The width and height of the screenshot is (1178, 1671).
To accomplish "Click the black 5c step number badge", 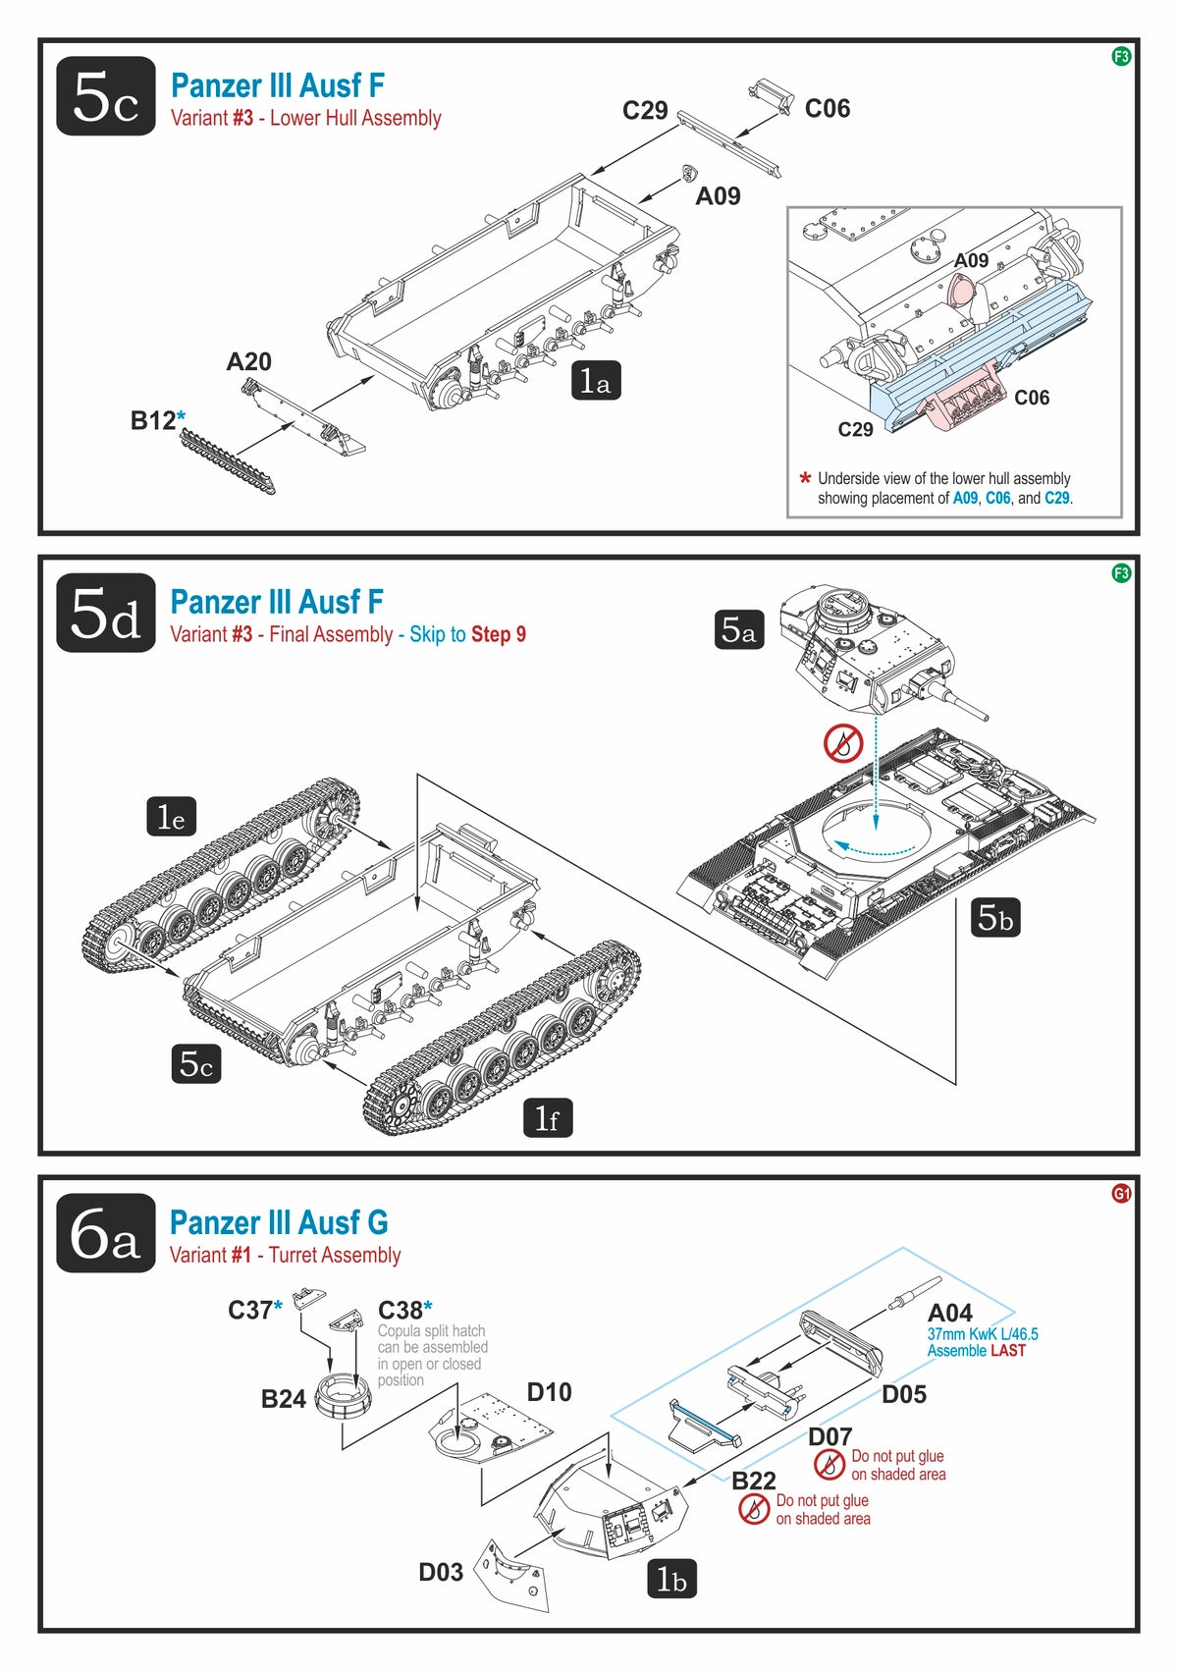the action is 106,96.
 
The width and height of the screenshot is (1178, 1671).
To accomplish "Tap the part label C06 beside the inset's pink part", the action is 1031,398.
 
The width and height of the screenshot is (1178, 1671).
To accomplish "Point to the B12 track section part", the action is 228,461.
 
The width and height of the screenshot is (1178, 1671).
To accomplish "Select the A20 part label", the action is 248,362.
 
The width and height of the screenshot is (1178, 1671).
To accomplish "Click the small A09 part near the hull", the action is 689,174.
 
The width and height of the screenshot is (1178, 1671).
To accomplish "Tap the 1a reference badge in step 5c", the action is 596,381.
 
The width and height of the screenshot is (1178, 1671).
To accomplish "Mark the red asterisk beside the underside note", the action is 805,478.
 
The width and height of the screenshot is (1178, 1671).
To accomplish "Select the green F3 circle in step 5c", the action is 1120,56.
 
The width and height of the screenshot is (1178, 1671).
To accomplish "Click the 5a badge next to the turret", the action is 738,629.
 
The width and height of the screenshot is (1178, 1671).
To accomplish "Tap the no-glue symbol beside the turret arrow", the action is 843,744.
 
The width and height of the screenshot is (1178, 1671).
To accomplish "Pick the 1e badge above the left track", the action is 172,816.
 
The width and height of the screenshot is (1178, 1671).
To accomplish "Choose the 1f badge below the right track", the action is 548,1117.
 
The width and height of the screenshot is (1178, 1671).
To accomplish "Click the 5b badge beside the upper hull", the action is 995,917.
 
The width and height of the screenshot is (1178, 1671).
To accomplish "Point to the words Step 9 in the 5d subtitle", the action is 499,635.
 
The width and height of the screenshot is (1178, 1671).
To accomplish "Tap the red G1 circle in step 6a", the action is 1121,1194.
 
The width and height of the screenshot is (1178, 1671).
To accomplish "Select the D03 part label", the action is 441,1572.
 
